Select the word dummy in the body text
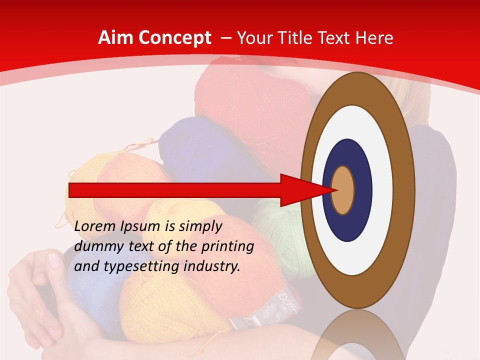[x=96, y=246]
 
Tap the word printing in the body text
[x=227, y=247]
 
